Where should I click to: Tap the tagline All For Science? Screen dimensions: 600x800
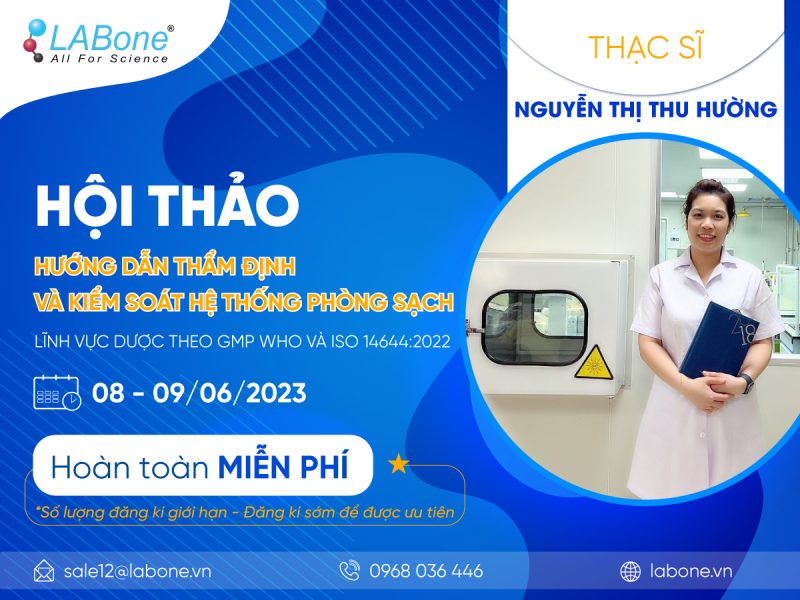coord(109,59)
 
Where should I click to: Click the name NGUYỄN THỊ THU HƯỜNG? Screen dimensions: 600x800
coord(646,109)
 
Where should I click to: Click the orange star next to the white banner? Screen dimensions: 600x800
coord(398,463)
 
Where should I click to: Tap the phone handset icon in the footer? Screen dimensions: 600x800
coord(349,571)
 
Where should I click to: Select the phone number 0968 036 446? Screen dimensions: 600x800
coord(426,572)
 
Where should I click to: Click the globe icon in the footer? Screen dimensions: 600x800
coord(630,572)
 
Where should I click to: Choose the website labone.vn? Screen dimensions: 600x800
coord(690,572)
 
